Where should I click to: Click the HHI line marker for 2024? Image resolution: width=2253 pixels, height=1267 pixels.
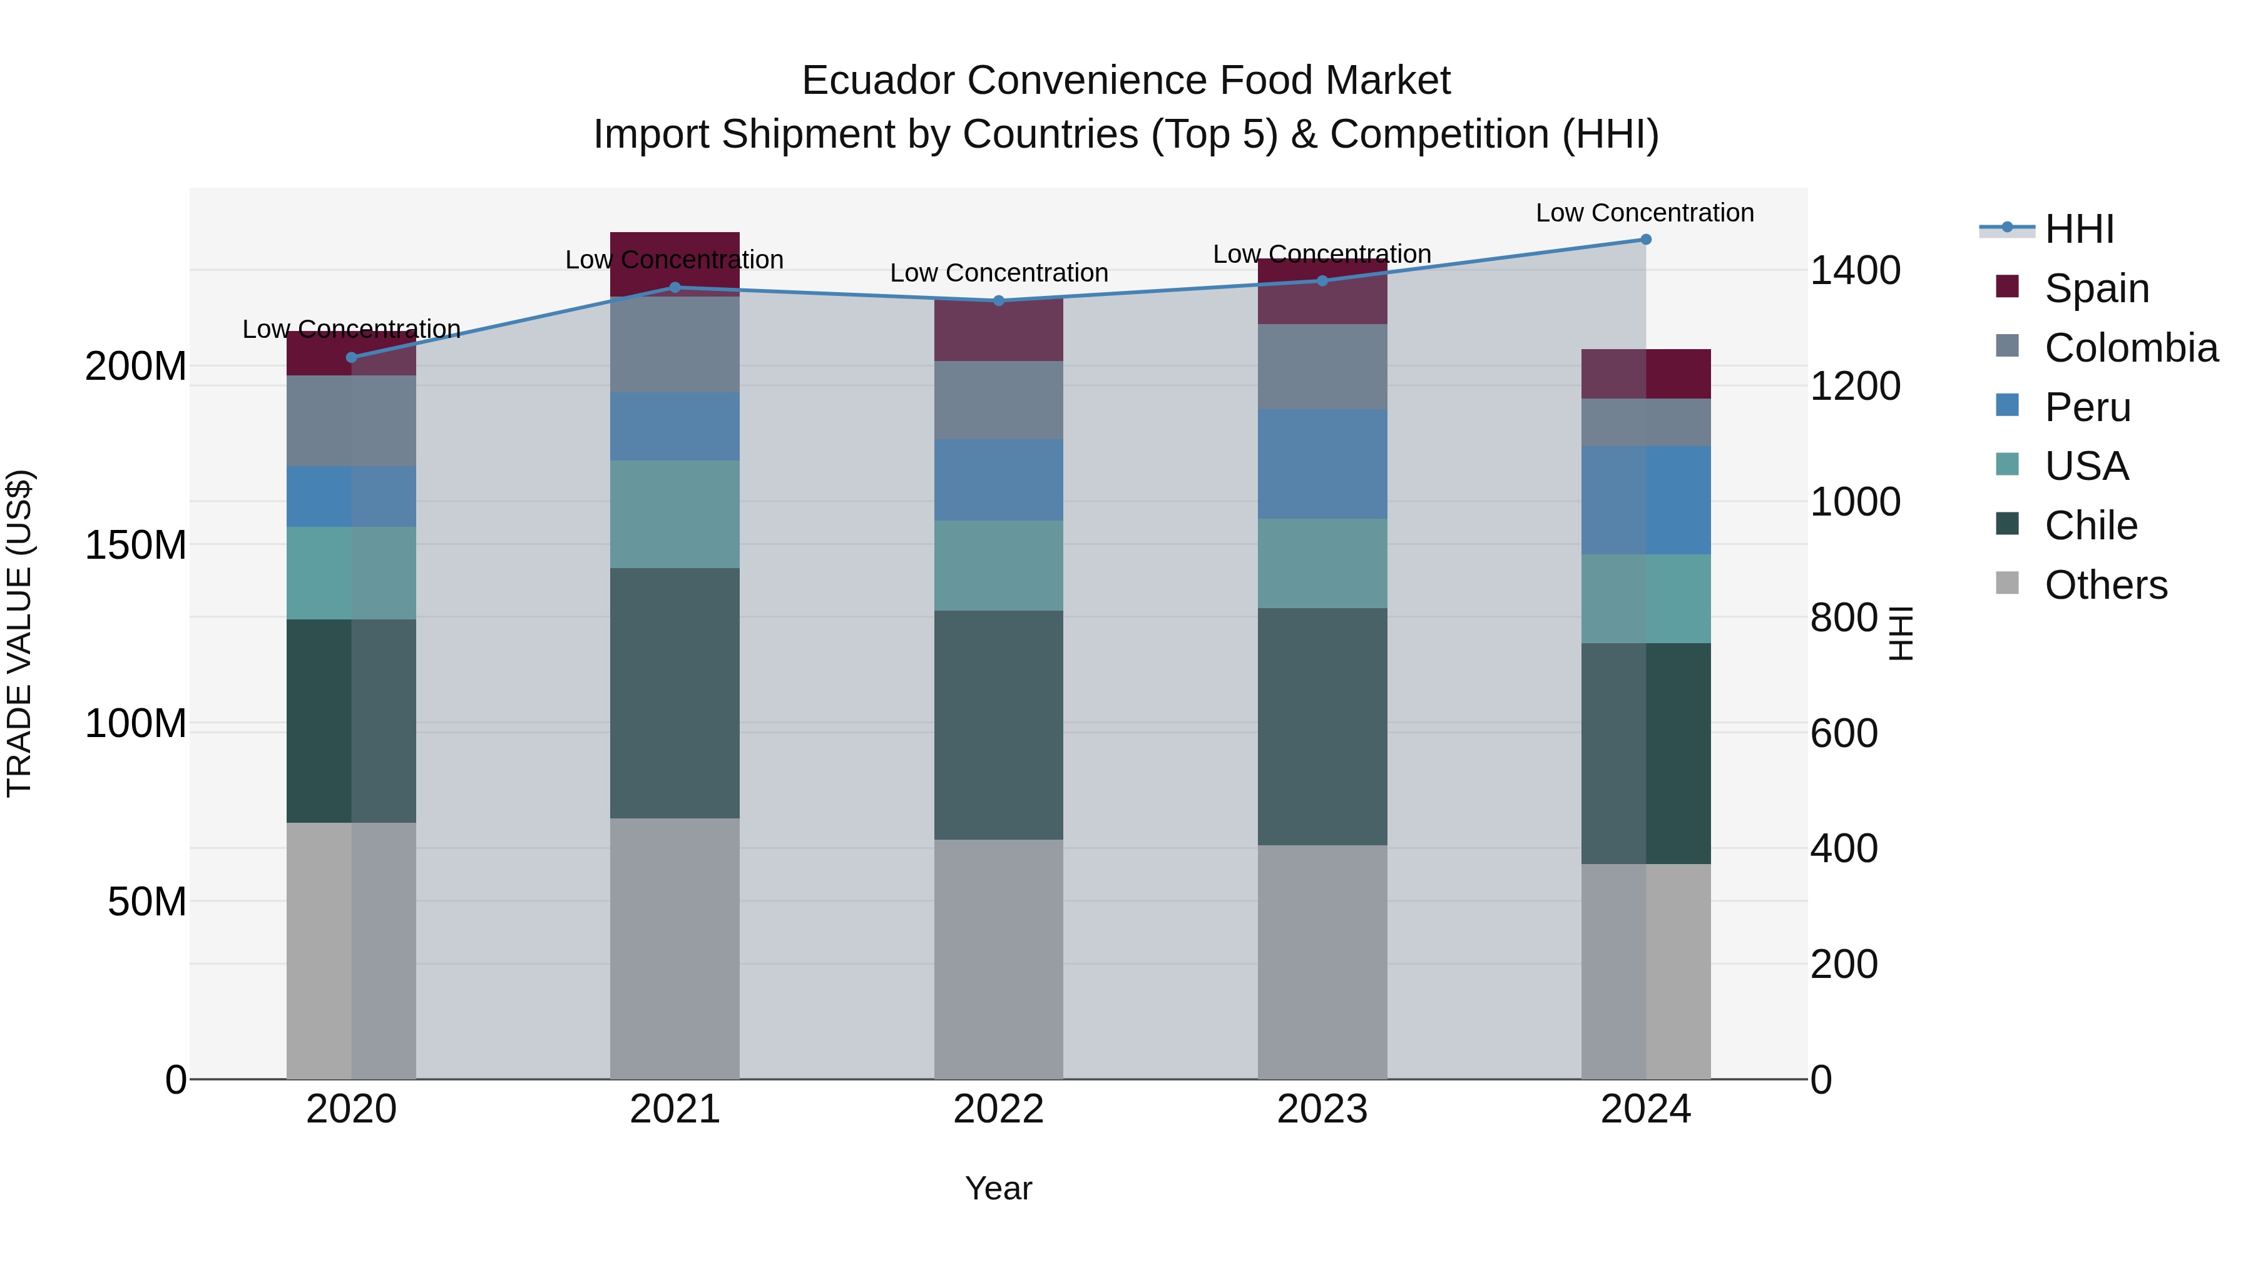tap(1645, 240)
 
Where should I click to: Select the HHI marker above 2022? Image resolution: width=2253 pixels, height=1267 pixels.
tap(999, 301)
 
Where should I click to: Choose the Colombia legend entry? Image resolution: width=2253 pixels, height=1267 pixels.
tap(2130, 348)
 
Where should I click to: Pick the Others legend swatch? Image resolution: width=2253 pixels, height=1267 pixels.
tap(2007, 583)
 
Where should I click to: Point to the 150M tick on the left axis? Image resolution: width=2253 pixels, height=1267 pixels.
tap(136, 545)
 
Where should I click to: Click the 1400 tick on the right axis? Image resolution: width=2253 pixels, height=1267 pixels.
tap(1854, 270)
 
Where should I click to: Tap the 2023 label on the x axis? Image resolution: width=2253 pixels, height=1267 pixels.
tap(1322, 1109)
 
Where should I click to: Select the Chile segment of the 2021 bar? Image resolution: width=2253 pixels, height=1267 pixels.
tap(674, 693)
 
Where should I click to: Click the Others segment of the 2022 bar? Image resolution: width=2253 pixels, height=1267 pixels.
tap(998, 959)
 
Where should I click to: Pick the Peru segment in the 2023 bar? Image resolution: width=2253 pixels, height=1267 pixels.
tap(1322, 464)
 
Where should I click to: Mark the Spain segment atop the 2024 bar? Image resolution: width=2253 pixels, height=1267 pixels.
tap(1645, 374)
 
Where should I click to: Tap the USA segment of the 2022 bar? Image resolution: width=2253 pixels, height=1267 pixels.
tap(998, 566)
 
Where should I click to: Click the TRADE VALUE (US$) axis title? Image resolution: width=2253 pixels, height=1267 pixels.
tap(19, 633)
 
